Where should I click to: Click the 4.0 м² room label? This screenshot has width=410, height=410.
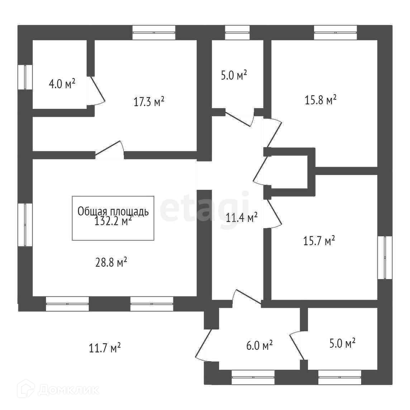[x=62, y=84]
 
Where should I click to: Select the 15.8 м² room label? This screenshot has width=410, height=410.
[x=320, y=100]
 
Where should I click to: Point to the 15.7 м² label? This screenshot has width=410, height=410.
[x=319, y=241]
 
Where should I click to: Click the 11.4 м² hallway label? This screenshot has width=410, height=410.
[x=242, y=217]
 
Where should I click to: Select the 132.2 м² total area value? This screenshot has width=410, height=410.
[x=113, y=221]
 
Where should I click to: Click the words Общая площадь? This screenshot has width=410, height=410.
[x=113, y=211]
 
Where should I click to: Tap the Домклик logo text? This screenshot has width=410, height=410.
[x=68, y=390]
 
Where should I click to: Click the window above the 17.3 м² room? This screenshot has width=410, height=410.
[x=154, y=33]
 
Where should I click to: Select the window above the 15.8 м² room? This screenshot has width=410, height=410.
[x=335, y=33]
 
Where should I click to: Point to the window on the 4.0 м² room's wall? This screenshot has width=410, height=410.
[x=25, y=77]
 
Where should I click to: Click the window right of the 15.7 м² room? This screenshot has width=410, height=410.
[x=386, y=257]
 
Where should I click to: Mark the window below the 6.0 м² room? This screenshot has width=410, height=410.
[x=253, y=377]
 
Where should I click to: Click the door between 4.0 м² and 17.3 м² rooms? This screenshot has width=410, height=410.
[x=96, y=90]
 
